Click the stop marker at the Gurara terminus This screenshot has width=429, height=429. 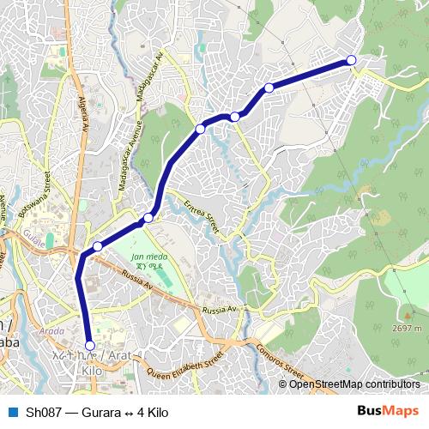pyautogui.click(x=351, y=59)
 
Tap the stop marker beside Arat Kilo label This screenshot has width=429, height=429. pyautogui.click(x=89, y=346)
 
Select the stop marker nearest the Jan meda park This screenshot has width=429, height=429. pyautogui.click(x=148, y=218)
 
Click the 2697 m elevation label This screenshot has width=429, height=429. pyautogui.click(x=406, y=328)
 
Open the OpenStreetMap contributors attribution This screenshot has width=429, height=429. pyautogui.click(x=354, y=384)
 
